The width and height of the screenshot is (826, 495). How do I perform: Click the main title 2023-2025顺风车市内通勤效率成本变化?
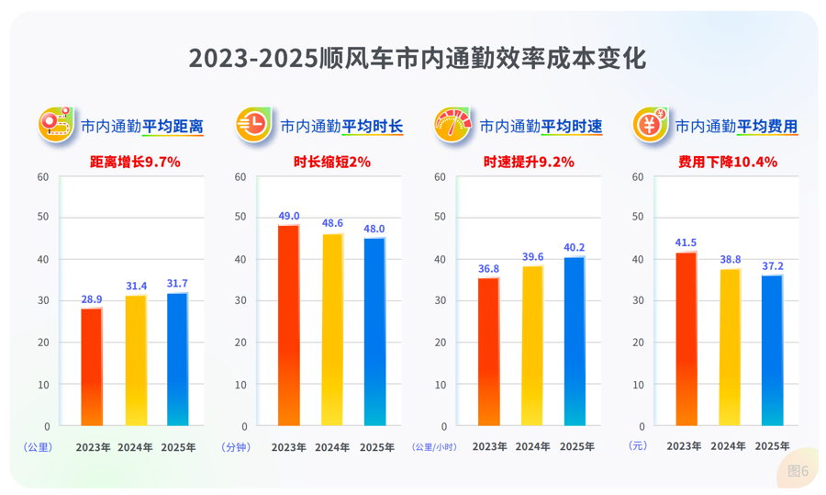tap(418, 58)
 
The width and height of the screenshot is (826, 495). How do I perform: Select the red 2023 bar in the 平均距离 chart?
tap(92, 366)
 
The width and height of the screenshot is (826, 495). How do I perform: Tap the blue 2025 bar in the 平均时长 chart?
tap(374, 332)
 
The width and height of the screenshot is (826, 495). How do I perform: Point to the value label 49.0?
tap(289, 216)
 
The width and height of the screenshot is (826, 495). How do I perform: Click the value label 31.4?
tap(135, 286)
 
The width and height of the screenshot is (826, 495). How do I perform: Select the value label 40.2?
tap(574, 247)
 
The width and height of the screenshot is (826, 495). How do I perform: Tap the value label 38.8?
tap(729, 260)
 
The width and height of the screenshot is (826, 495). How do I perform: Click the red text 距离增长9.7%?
tap(135, 163)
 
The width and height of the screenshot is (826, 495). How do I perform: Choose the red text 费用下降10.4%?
tap(728, 163)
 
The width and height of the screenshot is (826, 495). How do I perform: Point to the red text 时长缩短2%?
tap(332, 163)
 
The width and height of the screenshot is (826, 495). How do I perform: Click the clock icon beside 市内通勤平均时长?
tap(253, 125)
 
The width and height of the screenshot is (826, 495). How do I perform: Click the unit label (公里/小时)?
tap(435, 447)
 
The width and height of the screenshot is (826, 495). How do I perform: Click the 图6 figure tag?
tap(798, 471)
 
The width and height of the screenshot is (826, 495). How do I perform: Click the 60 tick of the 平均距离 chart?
tap(43, 176)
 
